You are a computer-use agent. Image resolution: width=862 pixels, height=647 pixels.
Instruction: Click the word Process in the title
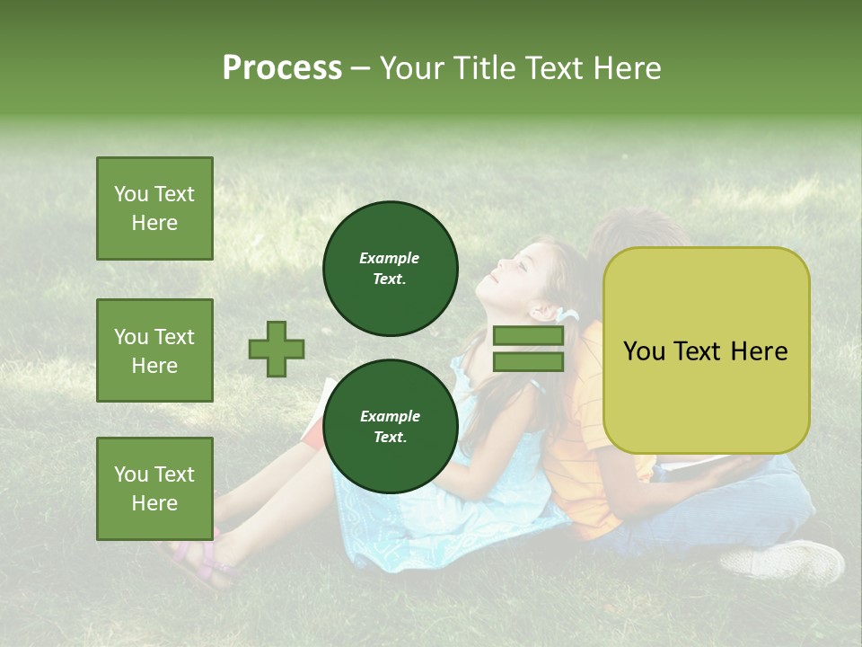(x=282, y=68)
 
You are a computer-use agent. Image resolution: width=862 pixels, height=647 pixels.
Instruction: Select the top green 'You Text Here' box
(x=154, y=208)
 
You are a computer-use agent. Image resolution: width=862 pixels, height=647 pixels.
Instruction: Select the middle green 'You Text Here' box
(x=154, y=350)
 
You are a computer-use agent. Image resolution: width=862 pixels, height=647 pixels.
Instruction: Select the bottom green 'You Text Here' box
(x=154, y=489)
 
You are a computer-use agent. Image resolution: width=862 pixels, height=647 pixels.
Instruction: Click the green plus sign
(x=277, y=349)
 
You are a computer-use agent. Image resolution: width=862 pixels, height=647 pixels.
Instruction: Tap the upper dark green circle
(x=390, y=268)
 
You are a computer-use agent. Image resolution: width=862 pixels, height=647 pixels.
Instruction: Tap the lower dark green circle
(x=390, y=426)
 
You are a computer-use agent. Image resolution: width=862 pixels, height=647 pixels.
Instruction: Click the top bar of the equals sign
(x=528, y=336)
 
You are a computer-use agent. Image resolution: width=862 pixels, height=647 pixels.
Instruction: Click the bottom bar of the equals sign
(x=528, y=361)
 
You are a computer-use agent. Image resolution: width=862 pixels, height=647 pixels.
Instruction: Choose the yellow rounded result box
(x=706, y=350)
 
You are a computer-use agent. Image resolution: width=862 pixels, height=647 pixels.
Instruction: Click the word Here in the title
(x=628, y=68)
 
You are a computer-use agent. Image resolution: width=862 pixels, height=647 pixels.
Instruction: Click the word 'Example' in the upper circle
(x=390, y=258)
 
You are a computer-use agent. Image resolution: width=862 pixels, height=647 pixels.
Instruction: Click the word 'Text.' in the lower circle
(x=390, y=437)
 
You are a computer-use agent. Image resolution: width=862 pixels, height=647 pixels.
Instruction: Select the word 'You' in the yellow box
(x=645, y=351)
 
